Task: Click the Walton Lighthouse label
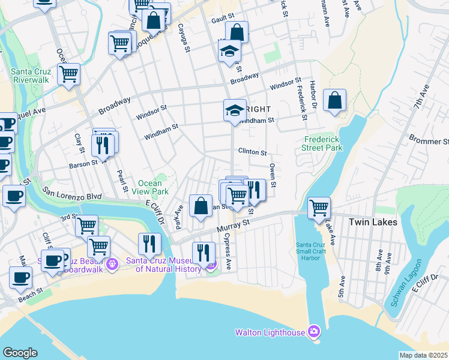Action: (x=270, y=332)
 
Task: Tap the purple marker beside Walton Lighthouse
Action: (x=314, y=331)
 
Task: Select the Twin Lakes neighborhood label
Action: (x=373, y=222)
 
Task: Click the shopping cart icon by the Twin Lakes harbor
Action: (x=319, y=208)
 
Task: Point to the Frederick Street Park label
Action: (x=322, y=143)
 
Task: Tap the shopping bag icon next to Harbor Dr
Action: (x=334, y=100)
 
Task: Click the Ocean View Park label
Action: (x=150, y=187)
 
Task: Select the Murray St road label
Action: (x=236, y=223)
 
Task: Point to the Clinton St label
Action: (x=252, y=152)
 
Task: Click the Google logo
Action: (x=20, y=352)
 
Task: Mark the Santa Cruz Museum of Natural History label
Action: (x=163, y=265)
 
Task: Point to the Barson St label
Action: (x=83, y=163)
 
